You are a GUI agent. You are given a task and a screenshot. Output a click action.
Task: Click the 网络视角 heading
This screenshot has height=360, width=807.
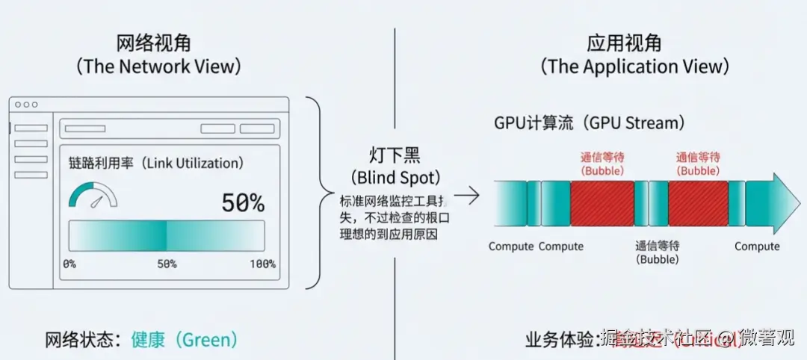click(158, 42)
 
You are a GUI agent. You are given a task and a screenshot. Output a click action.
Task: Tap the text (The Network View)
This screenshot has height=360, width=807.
click(158, 66)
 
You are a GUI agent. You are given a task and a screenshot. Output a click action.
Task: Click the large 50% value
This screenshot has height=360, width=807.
click(243, 202)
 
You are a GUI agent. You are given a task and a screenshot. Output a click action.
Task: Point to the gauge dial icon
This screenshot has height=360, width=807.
click(93, 196)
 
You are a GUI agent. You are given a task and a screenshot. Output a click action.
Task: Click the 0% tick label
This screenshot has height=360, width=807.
click(69, 264)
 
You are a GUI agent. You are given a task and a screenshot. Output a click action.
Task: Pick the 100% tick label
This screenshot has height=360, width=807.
click(262, 264)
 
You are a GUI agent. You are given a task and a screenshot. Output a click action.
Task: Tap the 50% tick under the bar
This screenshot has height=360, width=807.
click(166, 264)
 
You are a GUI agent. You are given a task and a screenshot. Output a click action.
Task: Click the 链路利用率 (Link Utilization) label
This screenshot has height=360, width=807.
click(155, 163)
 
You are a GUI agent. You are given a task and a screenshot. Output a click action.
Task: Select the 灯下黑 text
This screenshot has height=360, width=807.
click(395, 156)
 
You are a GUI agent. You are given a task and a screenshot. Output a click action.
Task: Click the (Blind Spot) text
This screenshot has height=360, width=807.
click(395, 178)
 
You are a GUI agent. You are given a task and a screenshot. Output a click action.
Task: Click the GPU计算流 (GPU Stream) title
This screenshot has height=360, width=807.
click(589, 122)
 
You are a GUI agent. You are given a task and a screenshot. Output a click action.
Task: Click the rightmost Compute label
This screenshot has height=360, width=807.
click(756, 246)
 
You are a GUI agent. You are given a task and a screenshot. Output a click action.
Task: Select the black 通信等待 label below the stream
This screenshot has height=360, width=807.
click(657, 246)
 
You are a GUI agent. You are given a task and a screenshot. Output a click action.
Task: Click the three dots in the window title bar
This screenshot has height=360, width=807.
click(25, 105)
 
